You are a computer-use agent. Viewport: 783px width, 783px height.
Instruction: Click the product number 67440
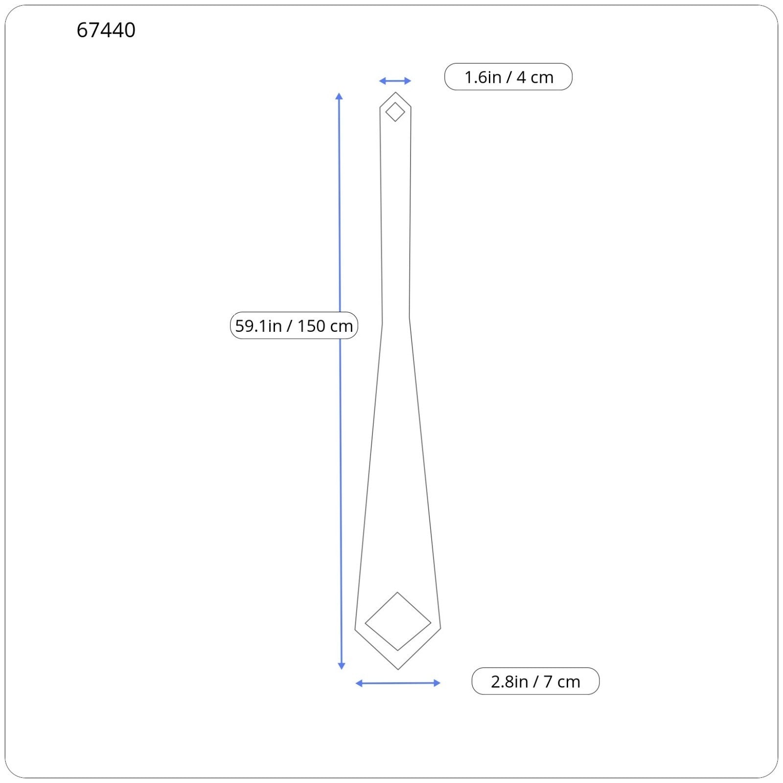(106, 30)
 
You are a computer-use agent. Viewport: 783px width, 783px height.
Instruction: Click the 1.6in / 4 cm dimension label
(508, 77)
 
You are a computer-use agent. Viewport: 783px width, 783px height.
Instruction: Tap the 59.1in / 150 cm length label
(294, 325)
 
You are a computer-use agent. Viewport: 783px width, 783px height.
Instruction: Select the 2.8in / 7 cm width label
(535, 681)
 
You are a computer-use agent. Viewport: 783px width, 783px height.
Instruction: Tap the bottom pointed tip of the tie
(398, 669)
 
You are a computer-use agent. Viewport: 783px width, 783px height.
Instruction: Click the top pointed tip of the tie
(395, 92)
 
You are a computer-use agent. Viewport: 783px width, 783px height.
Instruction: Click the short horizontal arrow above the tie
(395, 81)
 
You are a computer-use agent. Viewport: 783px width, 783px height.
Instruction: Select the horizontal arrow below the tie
(398, 683)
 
